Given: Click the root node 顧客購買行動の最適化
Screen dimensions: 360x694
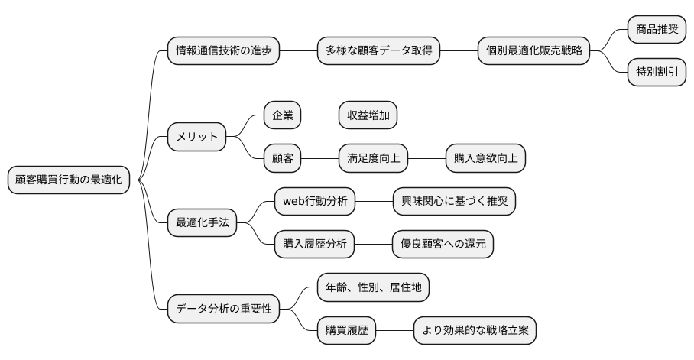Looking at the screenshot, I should (68, 180).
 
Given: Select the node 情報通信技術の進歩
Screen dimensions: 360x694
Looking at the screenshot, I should (223, 51).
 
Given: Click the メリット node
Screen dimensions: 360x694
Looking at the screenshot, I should (197, 138).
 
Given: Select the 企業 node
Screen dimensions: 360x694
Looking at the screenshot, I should (282, 116).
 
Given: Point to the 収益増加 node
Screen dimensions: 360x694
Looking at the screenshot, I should (368, 116).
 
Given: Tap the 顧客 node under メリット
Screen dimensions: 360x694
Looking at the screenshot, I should (282, 159).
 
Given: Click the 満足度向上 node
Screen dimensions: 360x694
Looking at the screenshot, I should (373, 159).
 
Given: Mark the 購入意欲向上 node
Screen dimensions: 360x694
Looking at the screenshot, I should (485, 159).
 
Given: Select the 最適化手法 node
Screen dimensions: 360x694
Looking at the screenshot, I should (203, 223).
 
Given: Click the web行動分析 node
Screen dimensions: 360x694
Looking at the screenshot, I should (314, 202).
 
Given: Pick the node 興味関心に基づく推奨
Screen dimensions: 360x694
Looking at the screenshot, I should (453, 202).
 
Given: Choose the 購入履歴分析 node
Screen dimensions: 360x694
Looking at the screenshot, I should (314, 245).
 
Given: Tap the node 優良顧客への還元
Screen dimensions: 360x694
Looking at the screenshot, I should (443, 245).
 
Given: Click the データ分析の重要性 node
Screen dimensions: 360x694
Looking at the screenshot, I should (223, 310).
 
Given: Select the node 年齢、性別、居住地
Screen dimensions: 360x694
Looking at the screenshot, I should (373, 288).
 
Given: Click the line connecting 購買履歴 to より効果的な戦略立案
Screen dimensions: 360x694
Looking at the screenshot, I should (395, 331).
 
